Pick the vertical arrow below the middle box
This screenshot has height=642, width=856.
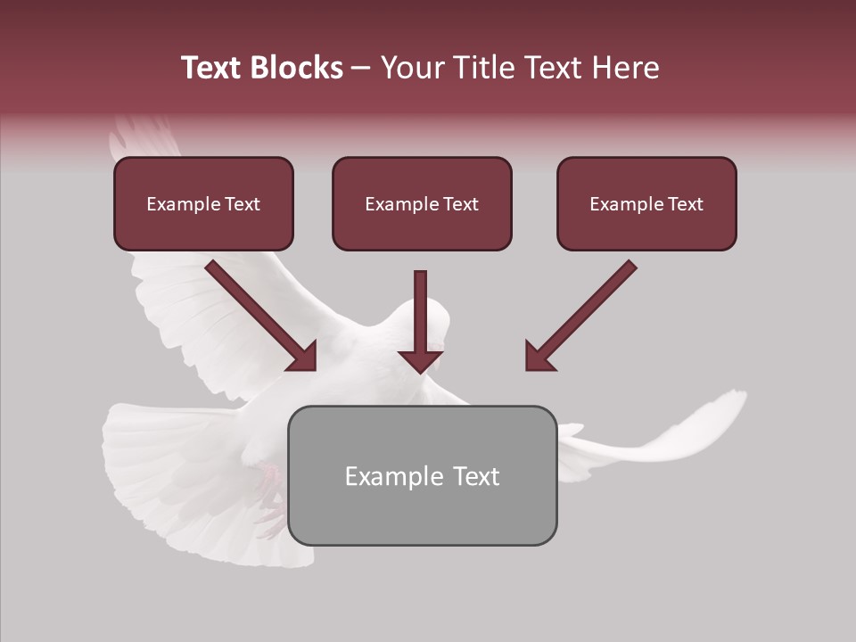click(x=420, y=321)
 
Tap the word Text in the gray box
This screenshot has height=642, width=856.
click(x=474, y=476)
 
